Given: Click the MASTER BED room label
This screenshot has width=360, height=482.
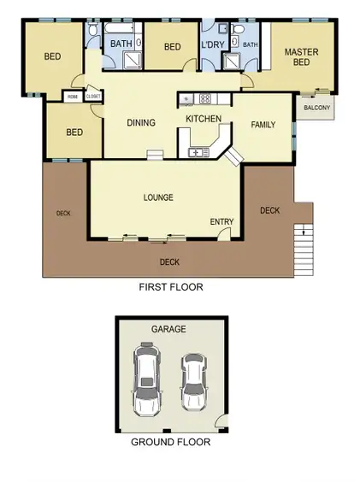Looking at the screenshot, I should click(x=301, y=57).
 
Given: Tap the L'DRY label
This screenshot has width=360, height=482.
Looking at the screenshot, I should click(x=212, y=45).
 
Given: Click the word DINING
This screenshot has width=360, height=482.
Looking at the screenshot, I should click(x=141, y=123).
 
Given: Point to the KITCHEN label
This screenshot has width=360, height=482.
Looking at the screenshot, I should click(x=204, y=119).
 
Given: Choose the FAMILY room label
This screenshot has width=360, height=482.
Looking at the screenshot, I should click(x=263, y=125).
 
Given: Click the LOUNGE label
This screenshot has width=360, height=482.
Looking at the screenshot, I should click(x=158, y=197).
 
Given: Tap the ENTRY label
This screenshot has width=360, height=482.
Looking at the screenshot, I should click(x=221, y=222).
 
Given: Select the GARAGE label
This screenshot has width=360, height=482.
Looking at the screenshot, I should click(x=168, y=328).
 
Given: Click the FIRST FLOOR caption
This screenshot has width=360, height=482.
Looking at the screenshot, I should click(x=171, y=287).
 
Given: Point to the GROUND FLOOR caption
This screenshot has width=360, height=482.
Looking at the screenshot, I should click(x=170, y=442).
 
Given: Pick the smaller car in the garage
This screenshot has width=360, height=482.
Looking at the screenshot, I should click(x=194, y=382).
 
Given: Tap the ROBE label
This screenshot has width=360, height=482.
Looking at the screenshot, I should click(x=71, y=97).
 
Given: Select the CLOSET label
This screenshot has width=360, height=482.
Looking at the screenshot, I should click(x=92, y=97).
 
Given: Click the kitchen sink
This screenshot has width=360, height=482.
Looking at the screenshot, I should click(x=198, y=152).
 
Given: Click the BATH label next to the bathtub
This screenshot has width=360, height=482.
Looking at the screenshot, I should click(x=121, y=43).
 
